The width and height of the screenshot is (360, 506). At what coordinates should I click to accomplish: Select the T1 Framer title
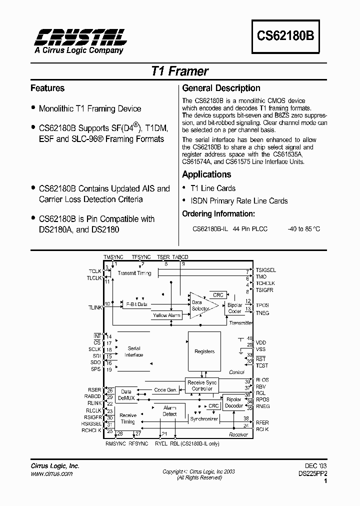(179, 71)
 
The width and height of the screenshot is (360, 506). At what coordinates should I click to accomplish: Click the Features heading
(47, 88)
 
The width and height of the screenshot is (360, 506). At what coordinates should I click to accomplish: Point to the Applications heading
(206, 174)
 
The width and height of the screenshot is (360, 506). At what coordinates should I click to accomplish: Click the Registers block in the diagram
(204, 351)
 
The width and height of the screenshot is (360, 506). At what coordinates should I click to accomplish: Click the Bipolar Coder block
(234, 308)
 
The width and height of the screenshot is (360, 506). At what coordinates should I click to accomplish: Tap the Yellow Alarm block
(166, 315)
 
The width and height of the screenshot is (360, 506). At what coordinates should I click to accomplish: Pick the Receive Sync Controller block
(202, 385)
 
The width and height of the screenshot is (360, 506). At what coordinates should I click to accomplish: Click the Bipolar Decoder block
(233, 402)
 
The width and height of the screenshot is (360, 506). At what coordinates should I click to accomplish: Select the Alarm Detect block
(169, 411)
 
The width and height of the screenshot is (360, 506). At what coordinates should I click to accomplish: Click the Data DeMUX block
(126, 395)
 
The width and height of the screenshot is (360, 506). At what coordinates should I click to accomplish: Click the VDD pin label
(261, 342)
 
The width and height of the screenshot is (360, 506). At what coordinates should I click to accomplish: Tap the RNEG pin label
(262, 407)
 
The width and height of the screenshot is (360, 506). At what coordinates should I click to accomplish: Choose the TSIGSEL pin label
(265, 270)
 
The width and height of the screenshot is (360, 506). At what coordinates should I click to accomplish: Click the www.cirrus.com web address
(51, 473)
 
